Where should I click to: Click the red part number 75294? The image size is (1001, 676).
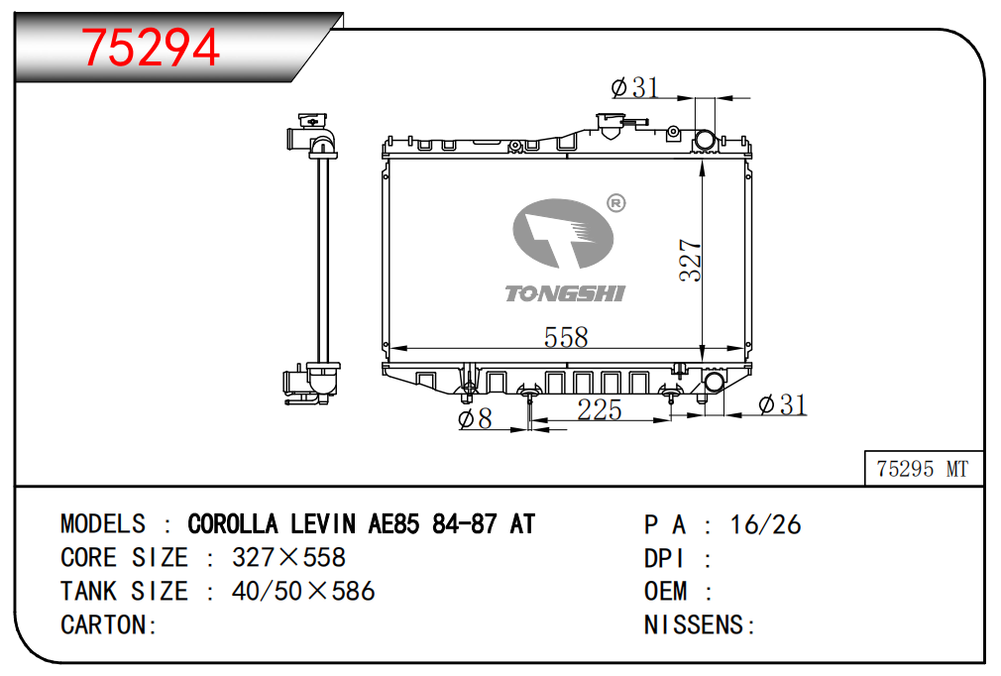pyautogui.click(x=151, y=48)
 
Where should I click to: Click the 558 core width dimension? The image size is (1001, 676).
pyautogui.click(x=566, y=337)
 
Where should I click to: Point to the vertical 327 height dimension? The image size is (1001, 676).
pyautogui.click(x=690, y=260)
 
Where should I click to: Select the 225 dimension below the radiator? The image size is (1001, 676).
pyautogui.click(x=600, y=409)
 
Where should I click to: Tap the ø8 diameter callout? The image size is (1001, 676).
pyautogui.click(x=475, y=418)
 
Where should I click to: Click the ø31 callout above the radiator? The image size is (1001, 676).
pyautogui.click(x=634, y=87)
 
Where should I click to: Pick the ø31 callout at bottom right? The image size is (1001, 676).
pyautogui.click(x=783, y=404)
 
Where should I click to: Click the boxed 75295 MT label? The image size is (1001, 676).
pyautogui.click(x=923, y=469)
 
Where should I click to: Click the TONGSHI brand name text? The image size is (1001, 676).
pyautogui.click(x=565, y=293)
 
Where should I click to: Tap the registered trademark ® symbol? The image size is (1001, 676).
pyautogui.click(x=615, y=203)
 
